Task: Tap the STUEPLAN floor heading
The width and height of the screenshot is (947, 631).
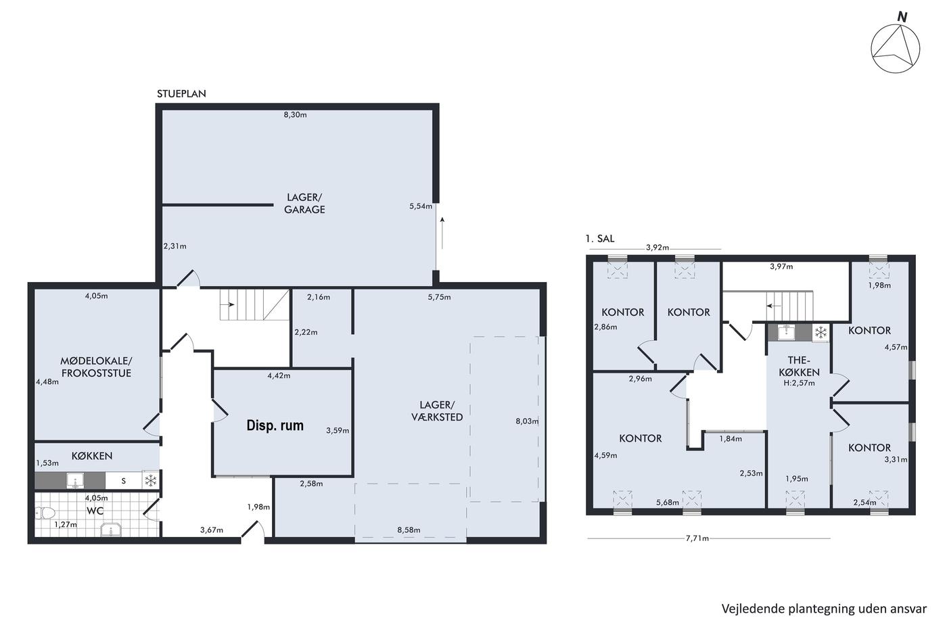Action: [181, 94]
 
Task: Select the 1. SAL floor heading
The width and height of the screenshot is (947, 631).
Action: [599, 238]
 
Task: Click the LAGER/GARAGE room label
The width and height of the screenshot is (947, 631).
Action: [304, 204]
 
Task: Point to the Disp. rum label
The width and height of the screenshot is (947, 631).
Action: [275, 425]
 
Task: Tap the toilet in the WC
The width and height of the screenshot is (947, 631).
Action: [45, 513]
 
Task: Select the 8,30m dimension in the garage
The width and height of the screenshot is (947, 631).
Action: [295, 114]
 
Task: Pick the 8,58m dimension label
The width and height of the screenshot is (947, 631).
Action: [409, 530]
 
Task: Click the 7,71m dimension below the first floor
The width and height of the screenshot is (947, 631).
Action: [697, 538]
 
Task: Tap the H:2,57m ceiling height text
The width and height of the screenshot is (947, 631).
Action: [799, 383]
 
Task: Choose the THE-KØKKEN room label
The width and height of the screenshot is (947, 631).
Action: [799, 366]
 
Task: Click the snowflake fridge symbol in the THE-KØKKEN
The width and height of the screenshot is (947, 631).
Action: [821, 332]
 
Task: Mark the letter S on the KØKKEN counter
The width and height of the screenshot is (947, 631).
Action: [123, 481]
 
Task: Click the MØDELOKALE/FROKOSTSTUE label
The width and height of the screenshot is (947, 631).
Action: [96, 367]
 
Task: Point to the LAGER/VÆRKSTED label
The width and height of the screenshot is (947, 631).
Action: [437, 411]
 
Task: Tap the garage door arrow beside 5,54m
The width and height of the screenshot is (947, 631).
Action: [442, 233]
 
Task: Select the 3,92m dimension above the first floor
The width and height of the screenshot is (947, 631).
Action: [657, 248]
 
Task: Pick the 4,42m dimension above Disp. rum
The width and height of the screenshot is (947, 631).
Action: [279, 375]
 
